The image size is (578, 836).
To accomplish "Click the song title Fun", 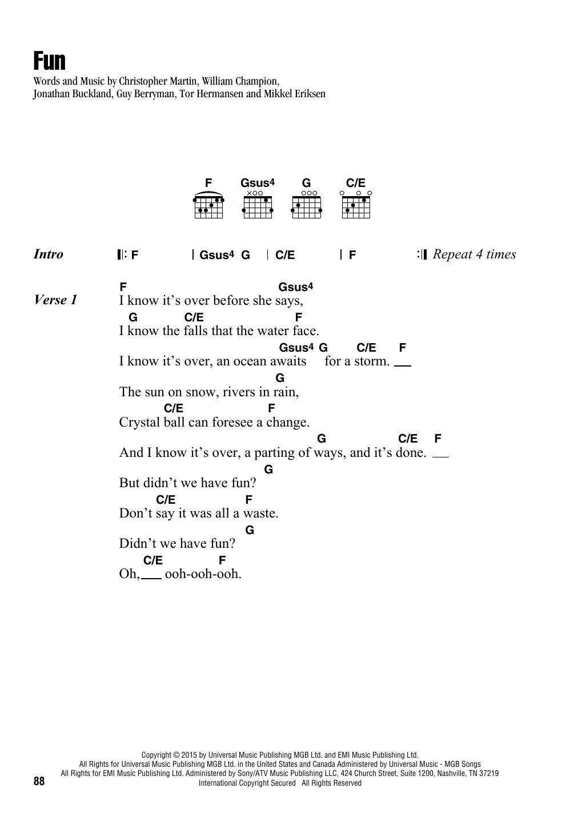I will [x=50, y=61].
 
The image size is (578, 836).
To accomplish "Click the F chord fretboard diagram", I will [x=208, y=205].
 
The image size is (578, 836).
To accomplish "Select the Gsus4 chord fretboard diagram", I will [x=258, y=205].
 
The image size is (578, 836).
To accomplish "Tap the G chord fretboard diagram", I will [x=307, y=205].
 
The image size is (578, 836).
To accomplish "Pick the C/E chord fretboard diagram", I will [x=356, y=205].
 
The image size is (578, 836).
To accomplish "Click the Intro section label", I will [x=49, y=254].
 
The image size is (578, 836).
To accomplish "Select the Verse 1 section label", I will [x=55, y=300].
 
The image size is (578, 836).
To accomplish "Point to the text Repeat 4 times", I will [x=474, y=254].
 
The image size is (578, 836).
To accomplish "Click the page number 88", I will [x=39, y=781].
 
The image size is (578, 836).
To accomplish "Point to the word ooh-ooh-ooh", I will [x=203, y=574].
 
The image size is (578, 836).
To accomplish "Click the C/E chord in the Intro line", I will [x=285, y=256].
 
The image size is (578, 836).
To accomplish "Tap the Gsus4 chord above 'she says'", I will [x=296, y=287].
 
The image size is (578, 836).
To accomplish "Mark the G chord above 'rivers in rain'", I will [x=280, y=378].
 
